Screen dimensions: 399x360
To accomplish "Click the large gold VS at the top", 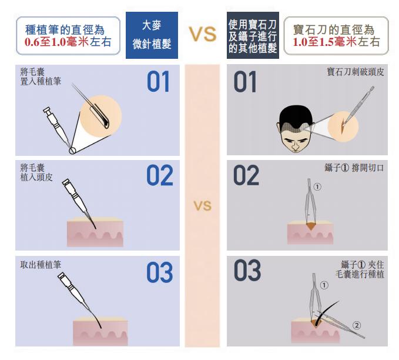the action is click(203, 34).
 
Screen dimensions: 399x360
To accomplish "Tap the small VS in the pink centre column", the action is click(203, 206).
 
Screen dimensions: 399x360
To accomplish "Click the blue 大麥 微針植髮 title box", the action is click(152, 35).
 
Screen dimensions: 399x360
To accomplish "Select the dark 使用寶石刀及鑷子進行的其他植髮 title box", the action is click(253, 35).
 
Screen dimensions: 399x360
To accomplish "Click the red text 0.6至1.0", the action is click(45, 42).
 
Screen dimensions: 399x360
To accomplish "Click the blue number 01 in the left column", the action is click(158, 82).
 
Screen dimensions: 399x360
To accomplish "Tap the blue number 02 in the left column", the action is click(160, 175).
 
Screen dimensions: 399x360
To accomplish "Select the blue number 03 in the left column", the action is click(160, 272).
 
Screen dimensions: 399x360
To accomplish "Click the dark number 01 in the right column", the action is click(245, 82).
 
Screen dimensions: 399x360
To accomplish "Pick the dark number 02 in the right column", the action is click(246, 175).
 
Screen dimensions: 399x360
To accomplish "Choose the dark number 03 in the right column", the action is click(247, 271).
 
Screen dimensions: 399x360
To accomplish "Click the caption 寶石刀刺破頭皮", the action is click(356, 72).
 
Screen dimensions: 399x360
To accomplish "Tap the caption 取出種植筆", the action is click(41, 265).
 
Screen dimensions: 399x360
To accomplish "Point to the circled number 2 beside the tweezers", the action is click(357, 325).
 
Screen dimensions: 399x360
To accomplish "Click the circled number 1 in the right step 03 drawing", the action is click(324, 285).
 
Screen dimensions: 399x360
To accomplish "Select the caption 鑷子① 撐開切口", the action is click(354, 168).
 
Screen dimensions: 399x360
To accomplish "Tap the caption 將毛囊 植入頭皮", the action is click(36, 172).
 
